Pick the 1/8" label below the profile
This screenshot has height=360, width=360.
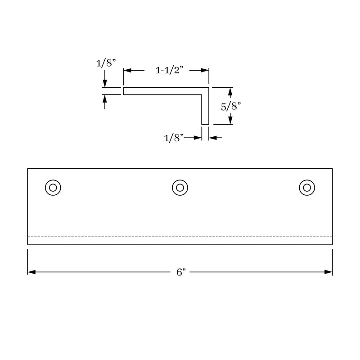coord(174,138)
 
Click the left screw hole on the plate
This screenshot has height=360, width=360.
coord(53,188)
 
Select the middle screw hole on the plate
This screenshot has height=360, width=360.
coord(180,188)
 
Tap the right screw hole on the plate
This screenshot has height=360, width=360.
coord(306,188)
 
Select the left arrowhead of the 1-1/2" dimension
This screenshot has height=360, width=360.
coord(127,71)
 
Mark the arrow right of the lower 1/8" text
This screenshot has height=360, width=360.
coord(198,138)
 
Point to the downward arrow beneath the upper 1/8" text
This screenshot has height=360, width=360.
coord(105,84)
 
